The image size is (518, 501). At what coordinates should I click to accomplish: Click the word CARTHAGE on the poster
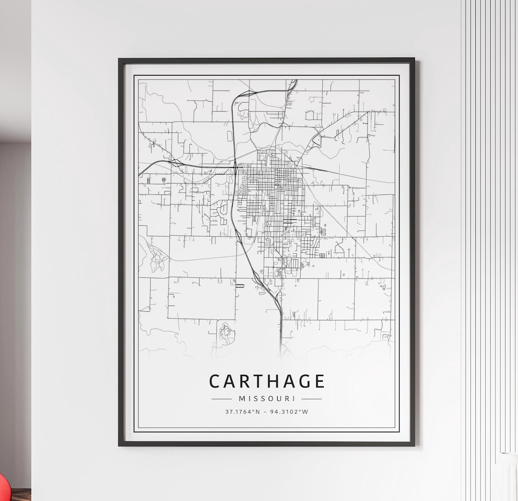point(267,381)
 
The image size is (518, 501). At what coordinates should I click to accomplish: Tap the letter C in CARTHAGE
point(215,381)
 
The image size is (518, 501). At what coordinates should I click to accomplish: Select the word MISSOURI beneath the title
point(267,399)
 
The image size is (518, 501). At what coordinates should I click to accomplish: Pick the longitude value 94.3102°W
point(290,411)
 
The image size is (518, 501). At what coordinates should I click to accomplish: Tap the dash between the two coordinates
point(265,411)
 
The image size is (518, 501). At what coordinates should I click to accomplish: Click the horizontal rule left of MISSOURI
point(222,399)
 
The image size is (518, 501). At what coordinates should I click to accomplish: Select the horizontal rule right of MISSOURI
point(311,399)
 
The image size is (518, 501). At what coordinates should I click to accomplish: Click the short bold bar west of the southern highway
point(239,285)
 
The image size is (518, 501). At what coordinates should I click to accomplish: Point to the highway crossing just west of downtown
point(236,166)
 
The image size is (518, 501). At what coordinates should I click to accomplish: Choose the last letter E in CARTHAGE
point(319,381)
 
